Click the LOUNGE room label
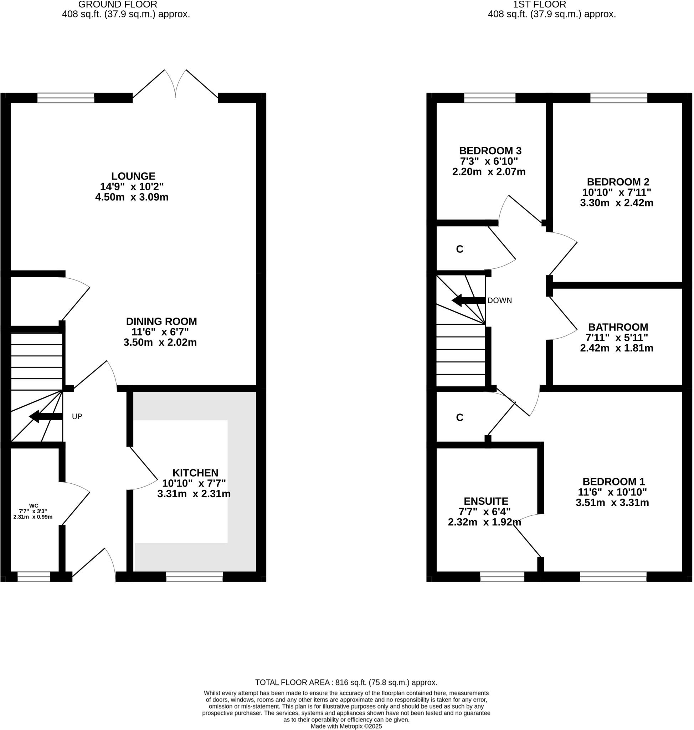click(133, 176)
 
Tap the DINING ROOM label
click(161, 321)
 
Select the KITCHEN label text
click(195, 473)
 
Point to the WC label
click(34, 505)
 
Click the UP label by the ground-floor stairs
click(77, 417)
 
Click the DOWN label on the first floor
click(499, 300)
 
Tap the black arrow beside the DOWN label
click(468, 300)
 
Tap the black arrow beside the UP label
click(46, 416)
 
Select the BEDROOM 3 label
click(490, 151)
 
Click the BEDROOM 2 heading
click(618, 182)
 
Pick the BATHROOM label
click(618, 327)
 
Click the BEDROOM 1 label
click(613, 482)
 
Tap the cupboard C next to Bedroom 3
click(459, 250)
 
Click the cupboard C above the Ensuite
click(459, 417)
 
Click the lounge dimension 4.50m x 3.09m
click(132, 197)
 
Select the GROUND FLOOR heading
click(118, 5)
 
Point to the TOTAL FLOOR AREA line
click(346, 683)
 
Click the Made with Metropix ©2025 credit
click(346, 726)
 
